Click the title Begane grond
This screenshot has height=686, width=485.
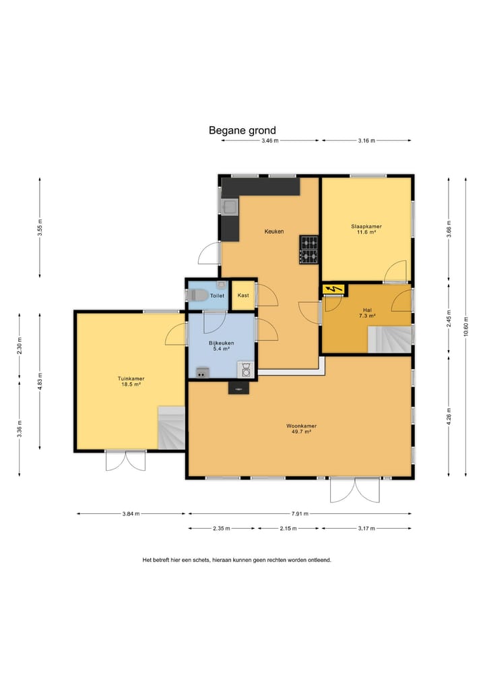click(x=242, y=130)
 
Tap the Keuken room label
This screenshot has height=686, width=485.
click(x=274, y=231)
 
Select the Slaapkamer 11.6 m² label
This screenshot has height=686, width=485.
click(x=366, y=229)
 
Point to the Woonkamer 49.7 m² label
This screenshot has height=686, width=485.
click(x=302, y=429)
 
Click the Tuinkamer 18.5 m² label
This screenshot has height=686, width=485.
click(x=131, y=382)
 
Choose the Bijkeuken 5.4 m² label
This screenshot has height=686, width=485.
click(x=221, y=346)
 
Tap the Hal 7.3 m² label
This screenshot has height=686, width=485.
click(x=367, y=313)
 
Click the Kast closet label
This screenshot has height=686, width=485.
click(x=243, y=295)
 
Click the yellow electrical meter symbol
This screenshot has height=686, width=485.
click(x=334, y=289)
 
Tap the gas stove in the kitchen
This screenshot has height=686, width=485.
click(x=309, y=250)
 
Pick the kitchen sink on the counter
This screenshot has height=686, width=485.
click(x=230, y=207)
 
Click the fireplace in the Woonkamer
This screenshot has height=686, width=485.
click(x=238, y=388)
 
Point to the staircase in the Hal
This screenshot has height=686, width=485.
click(x=389, y=339)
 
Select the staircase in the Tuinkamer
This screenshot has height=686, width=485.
click(x=172, y=428)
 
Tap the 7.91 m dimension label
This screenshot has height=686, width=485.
click(x=300, y=513)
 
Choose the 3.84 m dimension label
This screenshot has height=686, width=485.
click(x=131, y=513)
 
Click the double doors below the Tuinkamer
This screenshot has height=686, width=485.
click(x=126, y=461)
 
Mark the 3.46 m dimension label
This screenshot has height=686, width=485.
click(x=270, y=141)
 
